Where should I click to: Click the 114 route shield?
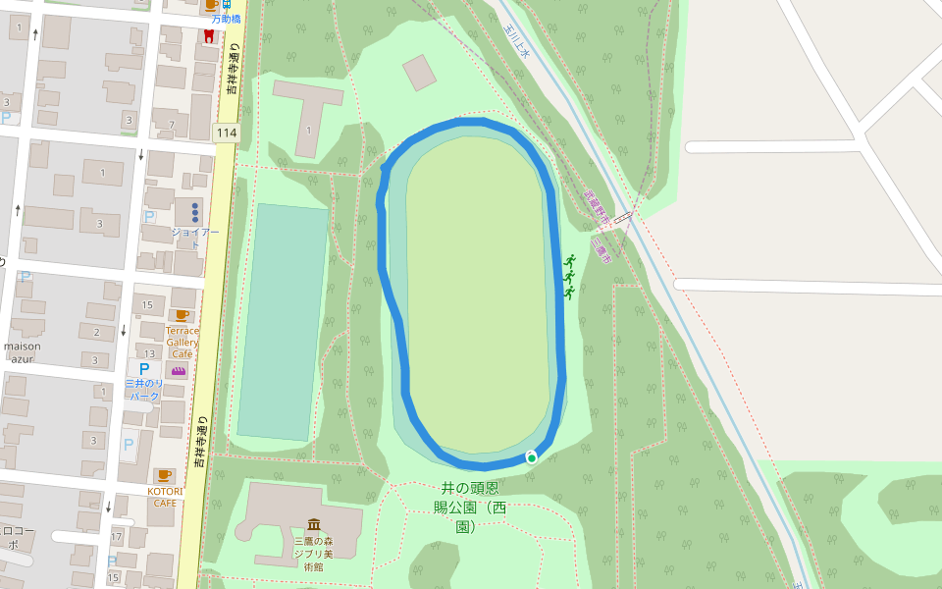pos(227,133)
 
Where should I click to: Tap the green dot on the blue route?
pos(531,457)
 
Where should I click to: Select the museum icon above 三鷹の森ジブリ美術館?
pos(313,524)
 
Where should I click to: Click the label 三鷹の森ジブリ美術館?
pos(313,554)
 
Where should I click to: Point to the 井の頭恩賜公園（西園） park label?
pos(472,507)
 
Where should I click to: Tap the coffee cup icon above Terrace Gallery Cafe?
pos(182,315)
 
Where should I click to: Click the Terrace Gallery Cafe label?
pos(182,342)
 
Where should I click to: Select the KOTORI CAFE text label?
pos(163,496)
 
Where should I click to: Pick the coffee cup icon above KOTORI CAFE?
pos(164,475)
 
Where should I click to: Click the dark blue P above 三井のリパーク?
pos(144,369)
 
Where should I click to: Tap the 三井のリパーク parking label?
pos(144,390)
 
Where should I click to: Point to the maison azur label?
pos(22,352)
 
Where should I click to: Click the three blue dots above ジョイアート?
pos(195,211)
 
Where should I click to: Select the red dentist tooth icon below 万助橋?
pos(208,36)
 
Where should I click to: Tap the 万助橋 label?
pos(226,19)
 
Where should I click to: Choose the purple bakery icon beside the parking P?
pos(179,370)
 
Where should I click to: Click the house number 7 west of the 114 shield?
pos(172,125)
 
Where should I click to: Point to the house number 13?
pos(150,353)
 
